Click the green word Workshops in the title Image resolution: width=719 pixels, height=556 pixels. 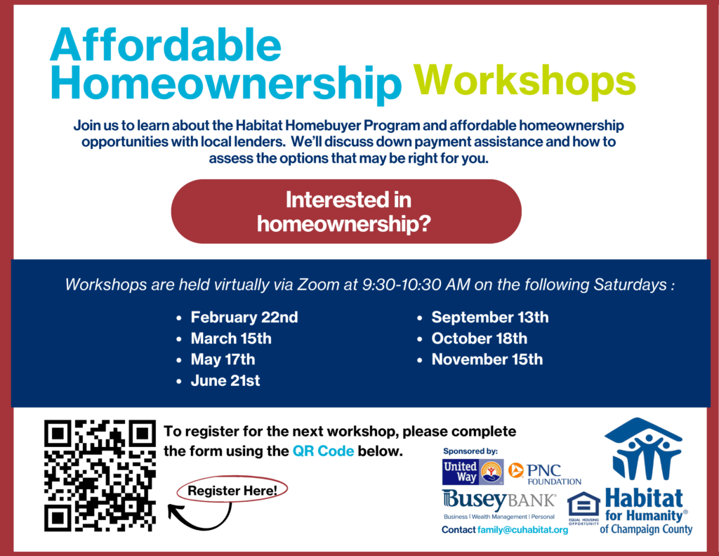click(525, 80)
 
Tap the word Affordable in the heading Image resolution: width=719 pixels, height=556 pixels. click(166, 44)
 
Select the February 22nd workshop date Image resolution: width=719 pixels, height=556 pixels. click(244, 317)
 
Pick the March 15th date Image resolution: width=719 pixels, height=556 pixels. click(231, 338)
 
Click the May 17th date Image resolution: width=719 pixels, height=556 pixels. click(223, 359)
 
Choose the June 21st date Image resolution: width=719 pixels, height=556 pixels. click(225, 380)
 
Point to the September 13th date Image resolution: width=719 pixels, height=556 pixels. click(489, 317)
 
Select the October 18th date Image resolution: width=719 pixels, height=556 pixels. click(479, 338)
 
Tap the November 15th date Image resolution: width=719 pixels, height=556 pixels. click(487, 359)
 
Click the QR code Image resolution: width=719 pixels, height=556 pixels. click(100, 476)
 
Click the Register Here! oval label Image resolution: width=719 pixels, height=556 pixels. click(232, 491)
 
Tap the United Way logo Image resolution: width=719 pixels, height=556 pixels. click(473, 472)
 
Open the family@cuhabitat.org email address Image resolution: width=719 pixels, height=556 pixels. click(522, 530)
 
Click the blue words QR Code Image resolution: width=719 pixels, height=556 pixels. click(323, 451)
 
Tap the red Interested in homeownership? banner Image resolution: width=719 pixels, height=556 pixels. click(346, 211)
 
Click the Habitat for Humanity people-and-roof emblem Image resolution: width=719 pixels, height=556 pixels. click(643, 449)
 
